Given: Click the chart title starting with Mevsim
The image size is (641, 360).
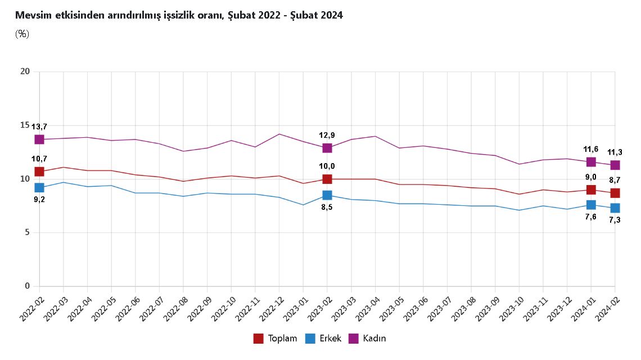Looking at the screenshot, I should click(179, 15).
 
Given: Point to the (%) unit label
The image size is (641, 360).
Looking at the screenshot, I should click(22, 34).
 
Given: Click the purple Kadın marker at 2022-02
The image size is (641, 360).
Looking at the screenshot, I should click(39, 139).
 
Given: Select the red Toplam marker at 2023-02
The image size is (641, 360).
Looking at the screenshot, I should click(327, 179).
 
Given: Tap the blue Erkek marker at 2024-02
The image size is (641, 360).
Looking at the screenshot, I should click(615, 208).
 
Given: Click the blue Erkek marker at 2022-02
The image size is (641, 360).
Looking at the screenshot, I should click(39, 187).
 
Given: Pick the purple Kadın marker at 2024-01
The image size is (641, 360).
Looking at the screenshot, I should click(591, 162).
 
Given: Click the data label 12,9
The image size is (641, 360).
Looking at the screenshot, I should click(327, 136).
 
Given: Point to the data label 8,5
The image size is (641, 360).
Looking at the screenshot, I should click(327, 208).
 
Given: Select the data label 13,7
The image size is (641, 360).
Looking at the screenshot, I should click(39, 127).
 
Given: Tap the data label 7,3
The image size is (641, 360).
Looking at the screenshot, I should click(615, 220).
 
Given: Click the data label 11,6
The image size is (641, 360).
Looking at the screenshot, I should click(591, 149).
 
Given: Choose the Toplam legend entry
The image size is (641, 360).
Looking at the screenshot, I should click(275, 339).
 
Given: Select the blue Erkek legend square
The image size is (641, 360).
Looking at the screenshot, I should click(309, 339).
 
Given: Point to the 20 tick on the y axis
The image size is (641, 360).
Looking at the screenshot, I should click(25, 71).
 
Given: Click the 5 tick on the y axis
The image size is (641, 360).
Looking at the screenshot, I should click(27, 232).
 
